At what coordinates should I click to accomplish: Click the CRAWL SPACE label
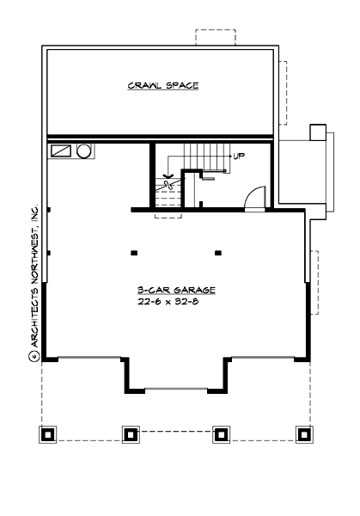(163, 85)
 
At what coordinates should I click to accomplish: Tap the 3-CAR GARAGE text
(174, 291)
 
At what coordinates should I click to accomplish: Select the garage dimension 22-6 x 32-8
(174, 303)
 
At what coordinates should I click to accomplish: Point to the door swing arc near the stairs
(255, 198)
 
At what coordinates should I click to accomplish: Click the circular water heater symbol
(85, 151)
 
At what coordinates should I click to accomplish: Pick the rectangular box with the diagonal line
(62, 150)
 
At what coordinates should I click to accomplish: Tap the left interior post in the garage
(135, 253)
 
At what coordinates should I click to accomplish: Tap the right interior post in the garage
(218, 253)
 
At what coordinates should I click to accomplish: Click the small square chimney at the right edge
(317, 132)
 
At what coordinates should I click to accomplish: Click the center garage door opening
(177, 389)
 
